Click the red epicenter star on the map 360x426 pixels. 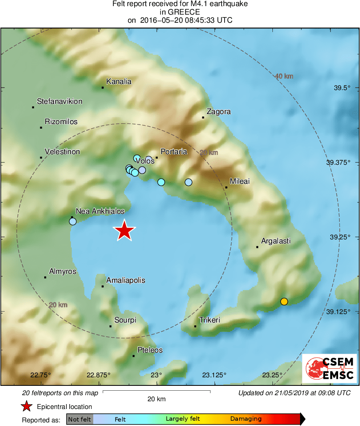pos(124,231)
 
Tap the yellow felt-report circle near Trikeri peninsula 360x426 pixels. pos(284,301)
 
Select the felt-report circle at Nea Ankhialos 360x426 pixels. pos(73,222)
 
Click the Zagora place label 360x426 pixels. pos(219,112)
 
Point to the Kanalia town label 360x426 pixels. pos(119,82)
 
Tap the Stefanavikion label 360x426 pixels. pos(60,101)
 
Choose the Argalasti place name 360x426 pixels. pos(276,241)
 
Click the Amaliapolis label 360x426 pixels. pos(126,280)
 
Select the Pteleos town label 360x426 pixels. pos(150,350)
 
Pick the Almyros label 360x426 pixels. pos(62,271)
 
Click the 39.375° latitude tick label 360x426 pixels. pos(338,162)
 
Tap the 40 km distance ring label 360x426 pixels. pos(284,76)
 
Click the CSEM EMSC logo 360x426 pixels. pos(329,368)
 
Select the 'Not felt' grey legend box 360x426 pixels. pos(79,419)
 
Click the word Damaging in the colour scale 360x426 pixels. pos(246,419)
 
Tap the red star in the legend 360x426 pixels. pos(26,407)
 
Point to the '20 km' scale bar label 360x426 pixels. pos(156,399)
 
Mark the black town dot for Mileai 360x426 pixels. pos(226,187)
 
